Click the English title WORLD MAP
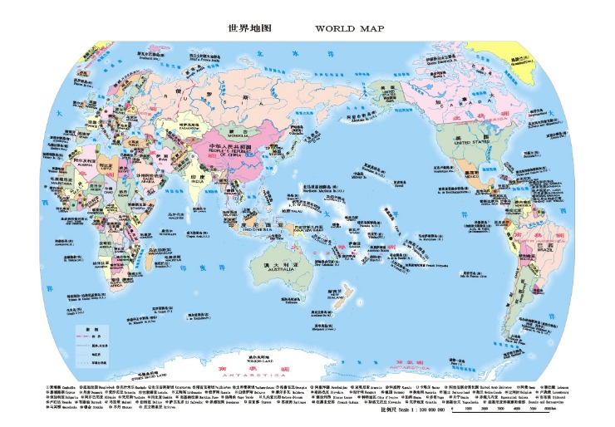tap(350, 28)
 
